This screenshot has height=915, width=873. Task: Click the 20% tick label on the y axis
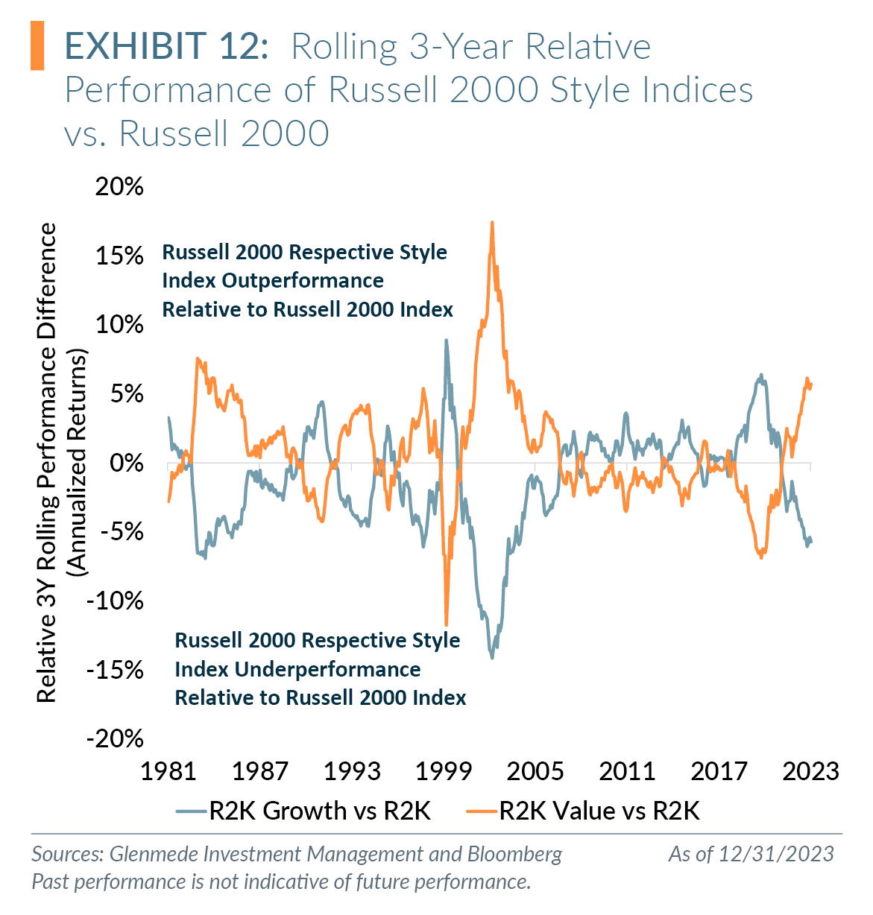tap(119, 186)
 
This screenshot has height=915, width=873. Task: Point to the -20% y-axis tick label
tap(116, 738)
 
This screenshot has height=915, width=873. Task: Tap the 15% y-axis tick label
tap(119, 256)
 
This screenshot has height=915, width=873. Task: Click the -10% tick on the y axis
tap(116, 601)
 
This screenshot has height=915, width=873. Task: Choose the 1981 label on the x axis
tap(168, 771)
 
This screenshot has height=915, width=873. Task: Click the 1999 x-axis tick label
tap(444, 771)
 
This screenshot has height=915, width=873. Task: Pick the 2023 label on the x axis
tap(810, 771)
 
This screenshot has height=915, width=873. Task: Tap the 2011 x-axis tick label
tap(627, 771)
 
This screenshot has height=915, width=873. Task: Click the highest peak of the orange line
tap(492, 223)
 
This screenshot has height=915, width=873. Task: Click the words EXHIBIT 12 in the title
tap(166, 46)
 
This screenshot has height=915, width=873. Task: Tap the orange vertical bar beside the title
tap(37, 46)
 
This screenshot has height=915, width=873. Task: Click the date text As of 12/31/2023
tap(751, 854)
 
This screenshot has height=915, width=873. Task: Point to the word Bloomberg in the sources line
tap(514, 854)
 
